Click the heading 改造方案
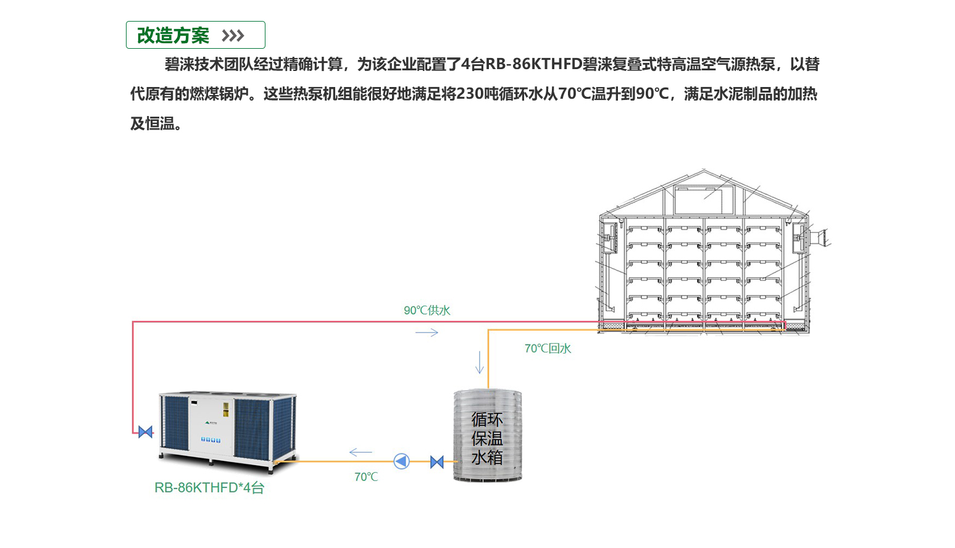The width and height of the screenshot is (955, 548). (173, 36)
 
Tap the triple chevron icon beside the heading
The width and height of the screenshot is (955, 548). (233, 36)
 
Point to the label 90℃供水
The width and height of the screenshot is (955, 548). (427, 310)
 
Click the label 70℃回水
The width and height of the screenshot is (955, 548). (548, 349)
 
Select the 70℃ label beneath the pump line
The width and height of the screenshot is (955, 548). (366, 477)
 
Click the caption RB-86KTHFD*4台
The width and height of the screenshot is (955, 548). (209, 488)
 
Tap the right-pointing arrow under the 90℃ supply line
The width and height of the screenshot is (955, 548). (427, 333)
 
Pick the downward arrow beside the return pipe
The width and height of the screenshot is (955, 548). (480, 362)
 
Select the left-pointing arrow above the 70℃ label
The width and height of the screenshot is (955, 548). (361, 453)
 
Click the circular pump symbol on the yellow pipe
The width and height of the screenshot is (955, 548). (401, 461)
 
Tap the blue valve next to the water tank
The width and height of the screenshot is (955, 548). (436, 462)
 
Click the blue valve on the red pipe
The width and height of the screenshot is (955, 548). (146, 432)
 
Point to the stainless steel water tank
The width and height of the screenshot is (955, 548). (488, 435)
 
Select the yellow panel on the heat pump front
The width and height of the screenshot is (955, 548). (226, 409)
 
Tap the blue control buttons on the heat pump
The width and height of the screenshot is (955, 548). (211, 440)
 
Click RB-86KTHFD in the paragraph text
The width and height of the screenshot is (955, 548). (534, 64)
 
